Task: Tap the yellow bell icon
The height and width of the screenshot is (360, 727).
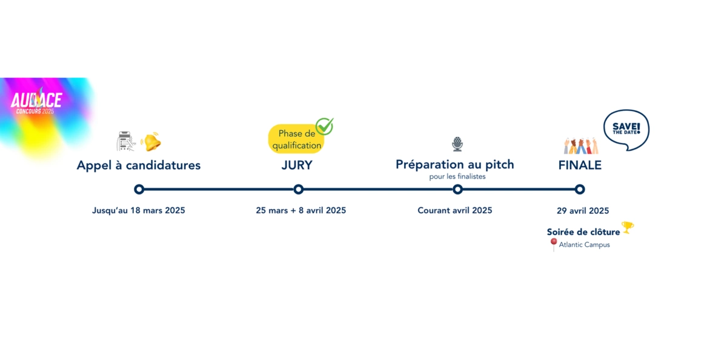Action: point(151,142)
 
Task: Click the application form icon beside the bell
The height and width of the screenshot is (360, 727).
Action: point(125,141)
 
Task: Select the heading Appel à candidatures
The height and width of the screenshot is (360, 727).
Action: point(139,165)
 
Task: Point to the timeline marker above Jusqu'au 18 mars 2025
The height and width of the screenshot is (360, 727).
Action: point(139,189)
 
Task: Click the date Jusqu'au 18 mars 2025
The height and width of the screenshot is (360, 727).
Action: point(139,210)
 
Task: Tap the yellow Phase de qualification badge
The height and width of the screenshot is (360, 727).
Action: point(296,139)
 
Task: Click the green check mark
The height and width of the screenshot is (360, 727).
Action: point(325,126)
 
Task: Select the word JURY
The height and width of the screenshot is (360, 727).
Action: point(297,165)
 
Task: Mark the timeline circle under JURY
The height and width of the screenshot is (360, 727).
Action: point(298,189)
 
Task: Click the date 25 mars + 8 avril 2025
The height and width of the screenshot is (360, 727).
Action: point(301,210)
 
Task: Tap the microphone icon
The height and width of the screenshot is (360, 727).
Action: point(457,144)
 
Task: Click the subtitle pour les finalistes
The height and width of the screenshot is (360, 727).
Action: point(457,176)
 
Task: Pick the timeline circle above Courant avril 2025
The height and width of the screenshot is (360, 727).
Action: point(457,189)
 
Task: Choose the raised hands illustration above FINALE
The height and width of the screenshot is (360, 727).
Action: point(581,145)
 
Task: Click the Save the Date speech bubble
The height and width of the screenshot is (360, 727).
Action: point(626,129)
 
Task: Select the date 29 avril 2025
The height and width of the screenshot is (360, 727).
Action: point(583,211)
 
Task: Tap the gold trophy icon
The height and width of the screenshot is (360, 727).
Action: point(628,227)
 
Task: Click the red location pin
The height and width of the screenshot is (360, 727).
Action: point(554,244)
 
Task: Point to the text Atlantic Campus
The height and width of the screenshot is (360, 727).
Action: point(584,245)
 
